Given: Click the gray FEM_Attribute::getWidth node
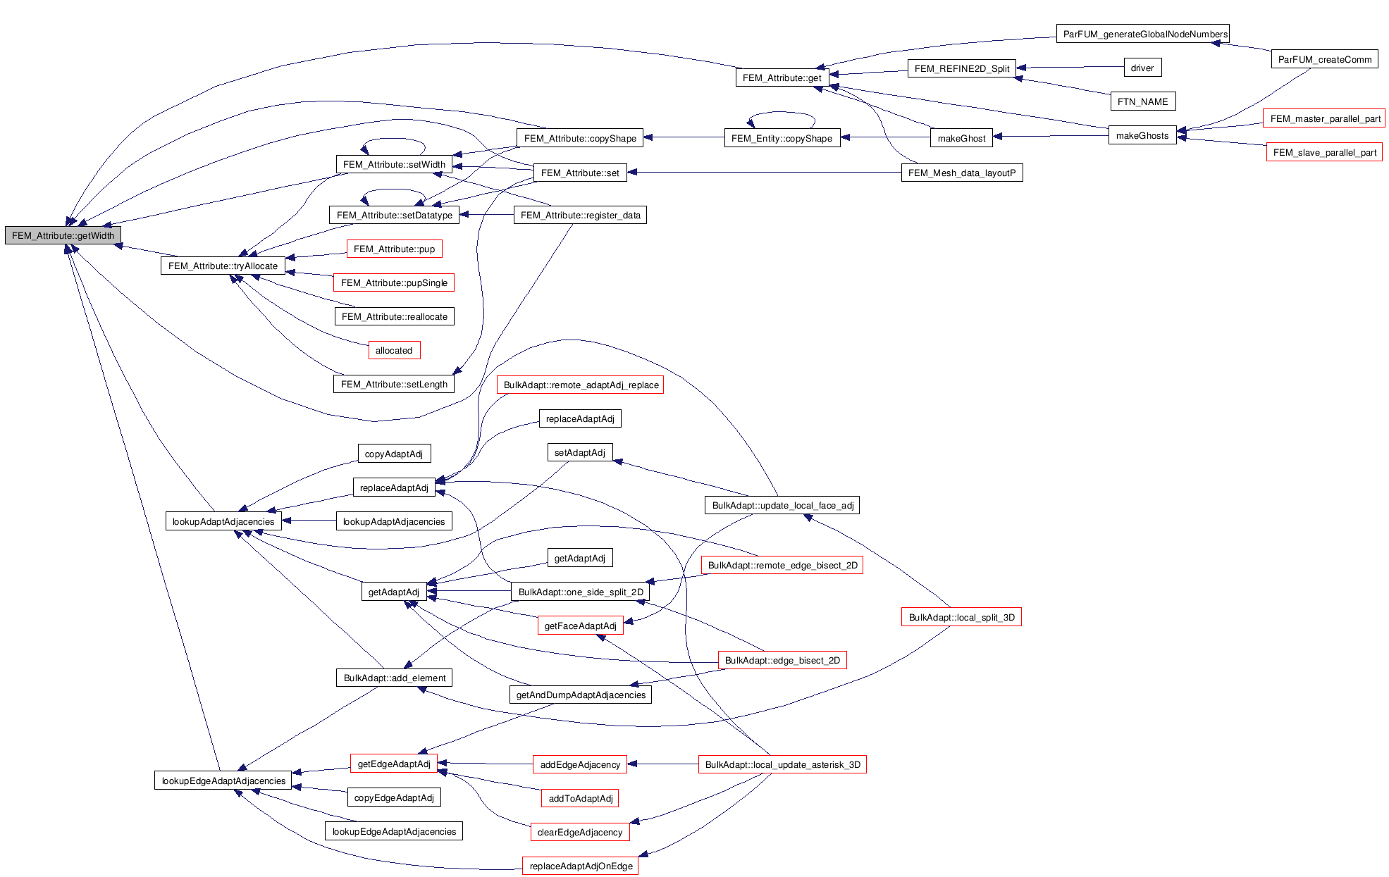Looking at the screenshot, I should pyautogui.click(x=63, y=235).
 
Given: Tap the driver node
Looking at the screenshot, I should pyautogui.click(x=1142, y=68).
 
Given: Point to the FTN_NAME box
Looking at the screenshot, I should pyautogui.click(x=1142, y=101).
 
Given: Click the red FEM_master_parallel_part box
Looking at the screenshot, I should pyautogui.click(x=1324, y=118).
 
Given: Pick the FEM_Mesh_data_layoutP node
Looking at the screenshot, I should pyautogui.click(x=961, y=173).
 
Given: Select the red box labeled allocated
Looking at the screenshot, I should pyautogui.click(x=393, y=350).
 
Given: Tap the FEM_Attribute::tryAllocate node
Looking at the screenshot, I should pyautogui.click(x=223, y=266).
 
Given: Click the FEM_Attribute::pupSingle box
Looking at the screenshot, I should pyautogui.click(x=393, y=282).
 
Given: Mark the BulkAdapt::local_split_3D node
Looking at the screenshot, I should pyautogui.click(x=961, y=617).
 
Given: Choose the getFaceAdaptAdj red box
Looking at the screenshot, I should pyautogui.click(x=580, y=626).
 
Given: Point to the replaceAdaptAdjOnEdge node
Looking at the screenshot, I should pyautogui.click(x=580, y=866).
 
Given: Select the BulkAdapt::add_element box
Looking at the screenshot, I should pyautogui.click(x=394, y=678).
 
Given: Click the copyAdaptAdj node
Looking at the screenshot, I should pyautogui.click(x=393, y=454).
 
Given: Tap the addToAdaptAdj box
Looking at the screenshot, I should pyautogui.click(x=580, y=798).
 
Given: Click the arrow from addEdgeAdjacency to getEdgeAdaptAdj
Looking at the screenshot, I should pyautogui.click(x=486, y=764).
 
